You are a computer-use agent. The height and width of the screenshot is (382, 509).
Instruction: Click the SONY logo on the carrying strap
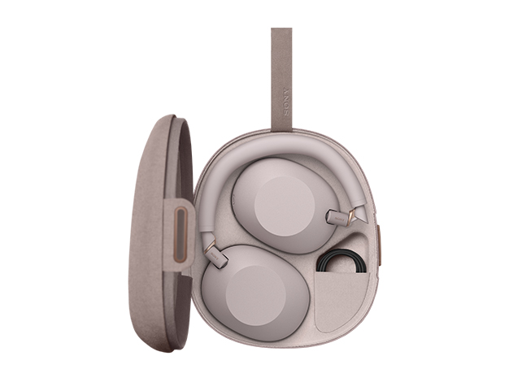click(286, 102)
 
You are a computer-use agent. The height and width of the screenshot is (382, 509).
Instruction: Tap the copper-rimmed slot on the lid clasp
click(181, 234)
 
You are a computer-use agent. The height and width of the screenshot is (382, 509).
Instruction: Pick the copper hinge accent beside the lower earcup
click(210, 245)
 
